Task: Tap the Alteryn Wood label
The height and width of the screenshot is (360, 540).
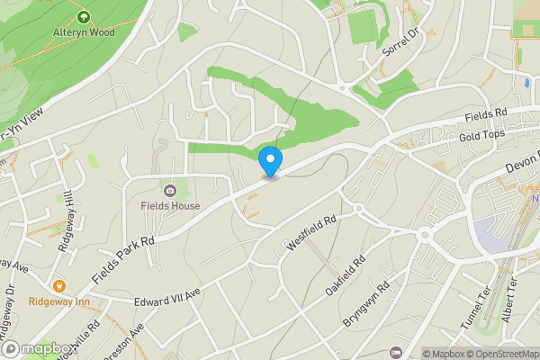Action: pyautogui.click(x=83, y=31)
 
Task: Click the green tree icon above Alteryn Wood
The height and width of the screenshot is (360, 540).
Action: pyautogui.click(x=84, y=16)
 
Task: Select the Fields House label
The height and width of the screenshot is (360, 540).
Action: pyautogui.click(x=170, y=206)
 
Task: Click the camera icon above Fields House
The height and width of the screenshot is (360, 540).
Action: pyautogui.click(x=170, y=190)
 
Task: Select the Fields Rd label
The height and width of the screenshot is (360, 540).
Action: pyautogui.click(x=487, y=115)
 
